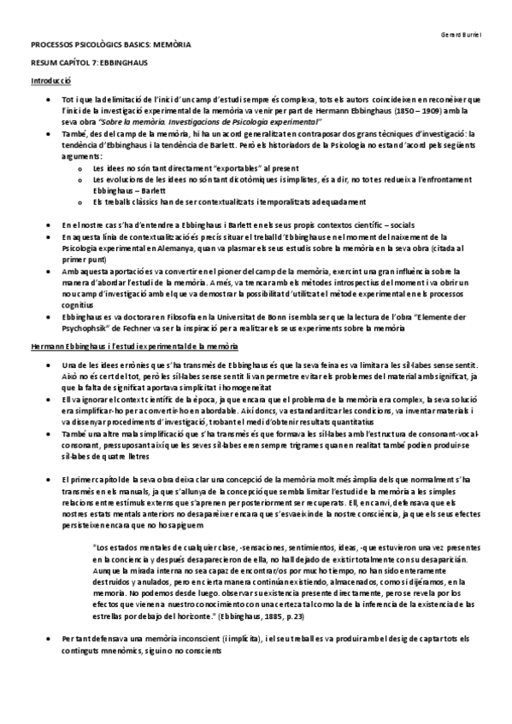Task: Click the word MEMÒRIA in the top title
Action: [170, 42]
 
